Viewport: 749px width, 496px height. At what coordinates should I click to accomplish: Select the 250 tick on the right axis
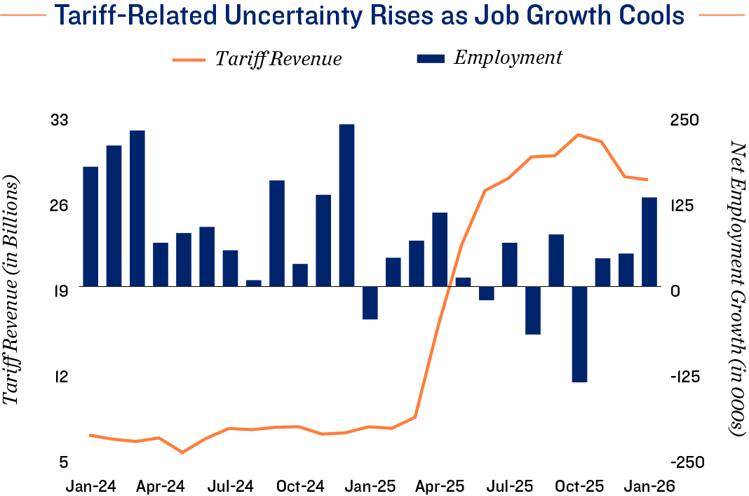point(684,120)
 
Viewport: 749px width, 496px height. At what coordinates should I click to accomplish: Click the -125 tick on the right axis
point(684,377)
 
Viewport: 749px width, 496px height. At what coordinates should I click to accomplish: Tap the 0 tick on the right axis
point(676,290)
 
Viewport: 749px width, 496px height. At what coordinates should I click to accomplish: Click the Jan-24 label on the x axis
point(90,485)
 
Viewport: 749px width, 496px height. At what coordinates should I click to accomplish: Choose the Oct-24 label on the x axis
point(300,485)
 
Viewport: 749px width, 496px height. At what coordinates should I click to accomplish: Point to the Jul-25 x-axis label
point(509,485)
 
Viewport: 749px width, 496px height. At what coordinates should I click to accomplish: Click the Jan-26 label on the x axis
point(649,485)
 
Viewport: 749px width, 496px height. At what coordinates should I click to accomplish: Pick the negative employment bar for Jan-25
point(370,302)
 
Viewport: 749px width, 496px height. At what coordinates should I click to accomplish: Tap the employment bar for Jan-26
point(649,241)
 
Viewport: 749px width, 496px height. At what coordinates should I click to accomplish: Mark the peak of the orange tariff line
point(577,134)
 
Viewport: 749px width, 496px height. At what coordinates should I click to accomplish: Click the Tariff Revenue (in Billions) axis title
point(12,291)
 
